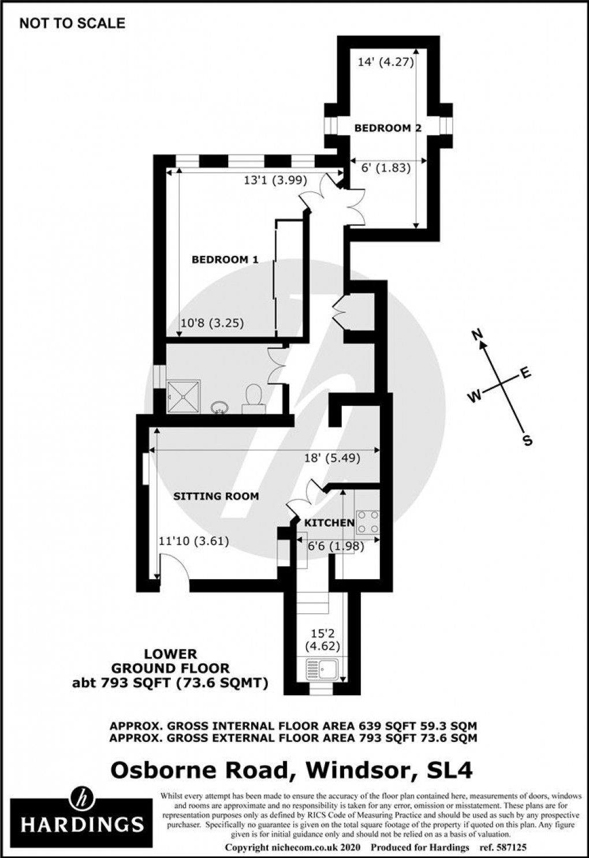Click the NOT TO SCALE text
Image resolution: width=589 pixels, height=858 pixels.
point(72,23)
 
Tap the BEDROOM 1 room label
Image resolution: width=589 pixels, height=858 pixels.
point(225,260)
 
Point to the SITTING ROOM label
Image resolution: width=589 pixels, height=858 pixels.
point(216,496)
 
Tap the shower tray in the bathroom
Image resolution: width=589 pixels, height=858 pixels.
point(184,396)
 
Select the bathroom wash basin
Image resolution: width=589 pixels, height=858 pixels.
point(219,408)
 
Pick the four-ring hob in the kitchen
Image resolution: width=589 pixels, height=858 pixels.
point(368,521)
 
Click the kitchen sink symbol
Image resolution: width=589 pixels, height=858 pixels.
point(320,671)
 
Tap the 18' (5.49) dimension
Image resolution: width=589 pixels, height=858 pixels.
point(332,458)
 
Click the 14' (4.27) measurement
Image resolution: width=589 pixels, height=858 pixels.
point(386,62)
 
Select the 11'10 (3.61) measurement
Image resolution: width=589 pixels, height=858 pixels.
point(194,541)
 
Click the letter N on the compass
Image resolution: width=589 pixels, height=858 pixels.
point(477,334)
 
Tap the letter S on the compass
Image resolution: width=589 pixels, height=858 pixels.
point(527,441)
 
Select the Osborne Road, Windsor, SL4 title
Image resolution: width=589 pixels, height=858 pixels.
point(291,770)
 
